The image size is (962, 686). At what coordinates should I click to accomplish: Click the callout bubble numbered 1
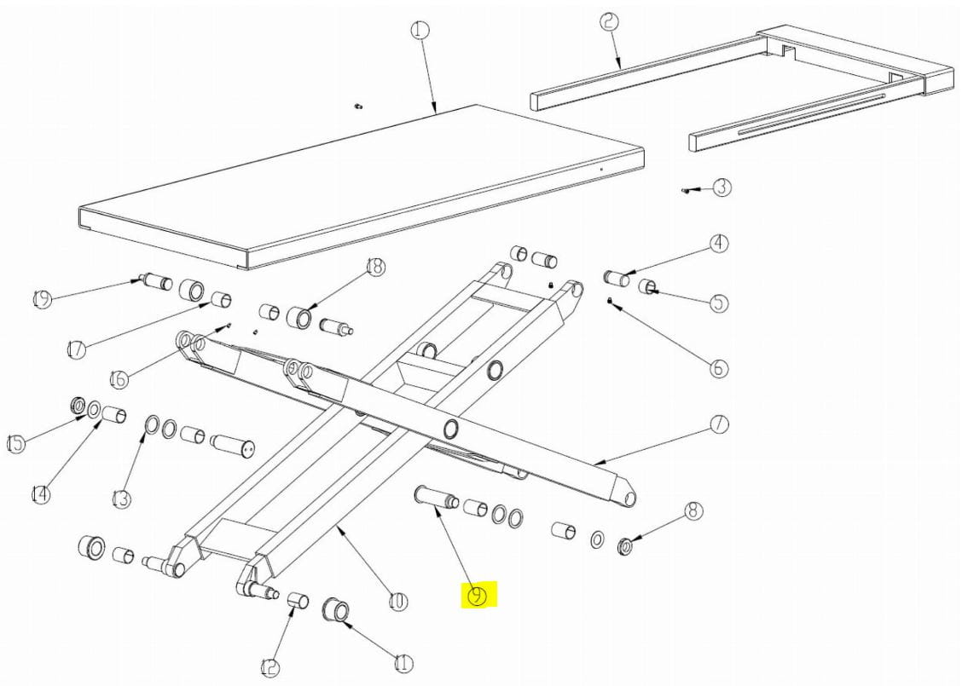click(420, 30)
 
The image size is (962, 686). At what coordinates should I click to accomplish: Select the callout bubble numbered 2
click(609, 22)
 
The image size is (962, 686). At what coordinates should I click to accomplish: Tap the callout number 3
click(721, 187)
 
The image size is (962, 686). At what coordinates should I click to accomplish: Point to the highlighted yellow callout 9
click(478, 596)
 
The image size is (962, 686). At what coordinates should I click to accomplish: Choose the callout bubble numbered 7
click(719, 424)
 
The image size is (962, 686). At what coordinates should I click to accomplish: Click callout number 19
click(42, 300)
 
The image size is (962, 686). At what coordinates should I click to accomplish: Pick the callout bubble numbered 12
click(270, 667)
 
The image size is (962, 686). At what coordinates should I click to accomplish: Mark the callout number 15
click(16, 443)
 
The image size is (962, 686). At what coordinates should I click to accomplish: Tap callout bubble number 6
click(719, 368)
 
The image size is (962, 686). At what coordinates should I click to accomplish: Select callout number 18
click(375, 267)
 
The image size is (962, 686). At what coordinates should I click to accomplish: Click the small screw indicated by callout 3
click(687, 191)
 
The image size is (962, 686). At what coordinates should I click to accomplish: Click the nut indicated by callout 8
click(625, 545)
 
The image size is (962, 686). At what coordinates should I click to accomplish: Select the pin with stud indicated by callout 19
click(156, 282)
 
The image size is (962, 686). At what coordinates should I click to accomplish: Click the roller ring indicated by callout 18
click(300, 315)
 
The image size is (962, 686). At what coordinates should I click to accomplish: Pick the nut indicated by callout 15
click(78, 406)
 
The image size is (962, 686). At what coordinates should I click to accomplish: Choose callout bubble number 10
click(397, 601)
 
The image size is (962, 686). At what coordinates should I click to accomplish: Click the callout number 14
click(40, 494)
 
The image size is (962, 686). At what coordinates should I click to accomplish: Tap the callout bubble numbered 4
click(719, 244)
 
